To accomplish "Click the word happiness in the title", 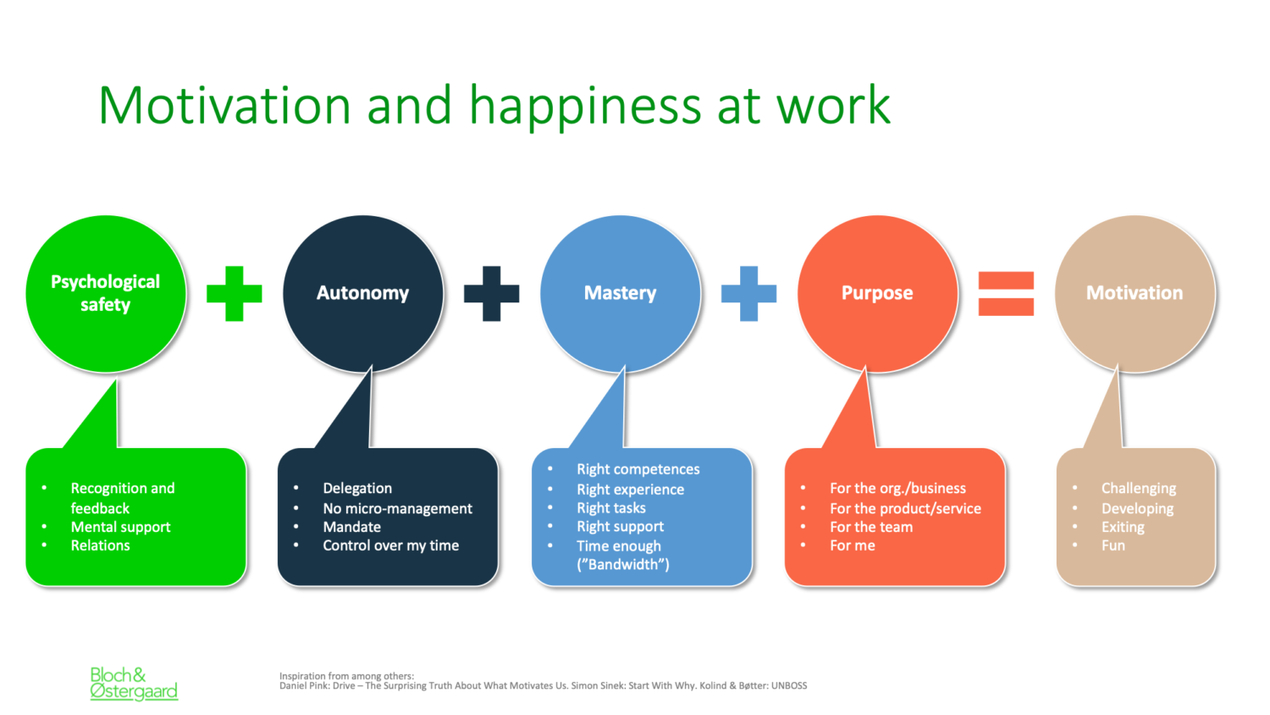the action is coord(586,106).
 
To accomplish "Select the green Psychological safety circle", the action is coord(106,294).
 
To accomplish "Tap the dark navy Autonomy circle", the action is coord(363,294).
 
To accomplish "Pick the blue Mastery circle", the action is coord(621,294).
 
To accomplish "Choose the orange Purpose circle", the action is coord(878,294).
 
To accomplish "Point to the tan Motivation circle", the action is coord(1135,294).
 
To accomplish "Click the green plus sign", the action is coord(235,293).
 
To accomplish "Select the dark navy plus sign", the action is coord(492,293).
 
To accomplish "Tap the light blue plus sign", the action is coord(749,293).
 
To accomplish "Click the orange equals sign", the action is coord(1007,293).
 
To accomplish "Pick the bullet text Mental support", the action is coord(121,527).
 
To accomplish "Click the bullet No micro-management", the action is coord(397,508).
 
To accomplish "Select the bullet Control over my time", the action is coord(391,546).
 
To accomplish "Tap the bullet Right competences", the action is coord(638,469).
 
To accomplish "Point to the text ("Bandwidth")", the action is coord(623,564).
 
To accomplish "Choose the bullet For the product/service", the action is coord(905,508).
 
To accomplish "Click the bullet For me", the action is coord(853,546).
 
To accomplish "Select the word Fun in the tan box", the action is coord(1113,546).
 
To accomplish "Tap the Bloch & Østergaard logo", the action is coord(134,683).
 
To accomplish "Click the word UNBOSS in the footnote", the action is coord(788,685).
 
